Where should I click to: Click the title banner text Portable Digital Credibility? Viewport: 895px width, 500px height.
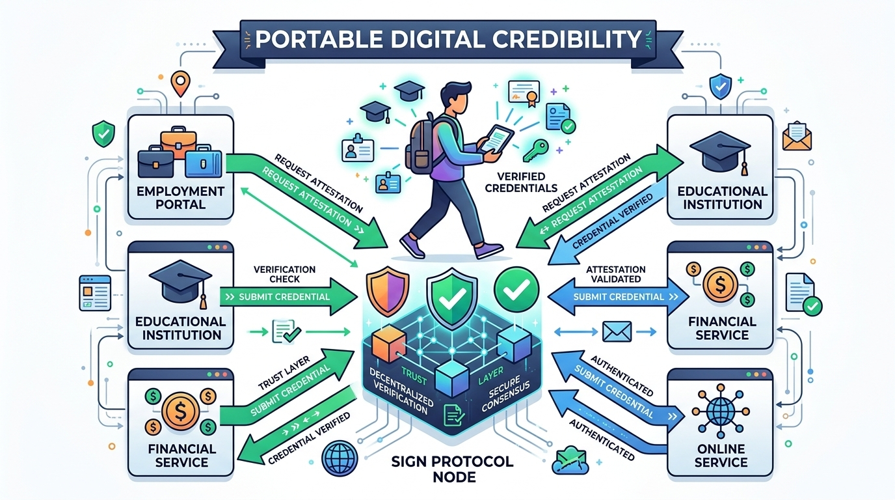coord(448,40)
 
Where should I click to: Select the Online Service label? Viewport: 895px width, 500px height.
coord(720,454)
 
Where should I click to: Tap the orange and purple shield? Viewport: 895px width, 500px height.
coord(388,290)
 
